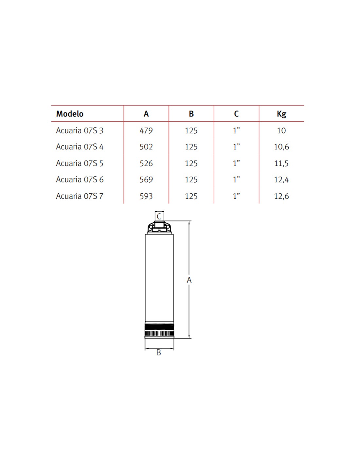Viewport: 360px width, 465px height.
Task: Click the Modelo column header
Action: [x=70, y=114]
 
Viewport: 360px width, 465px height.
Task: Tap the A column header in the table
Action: [x=146, y=114]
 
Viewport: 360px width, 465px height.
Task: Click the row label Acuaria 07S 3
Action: [x=80, y=130]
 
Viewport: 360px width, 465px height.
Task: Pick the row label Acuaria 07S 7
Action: [x=80, y=196]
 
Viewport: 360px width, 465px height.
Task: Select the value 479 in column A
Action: [x=146, y=130]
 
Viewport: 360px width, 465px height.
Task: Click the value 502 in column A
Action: [x=146, y=147]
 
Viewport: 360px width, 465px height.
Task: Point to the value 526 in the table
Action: [x=146, y=164]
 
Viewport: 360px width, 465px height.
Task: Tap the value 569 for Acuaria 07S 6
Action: [x=146, y=180]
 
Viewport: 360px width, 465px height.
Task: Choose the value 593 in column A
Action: [x=146, y=196]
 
